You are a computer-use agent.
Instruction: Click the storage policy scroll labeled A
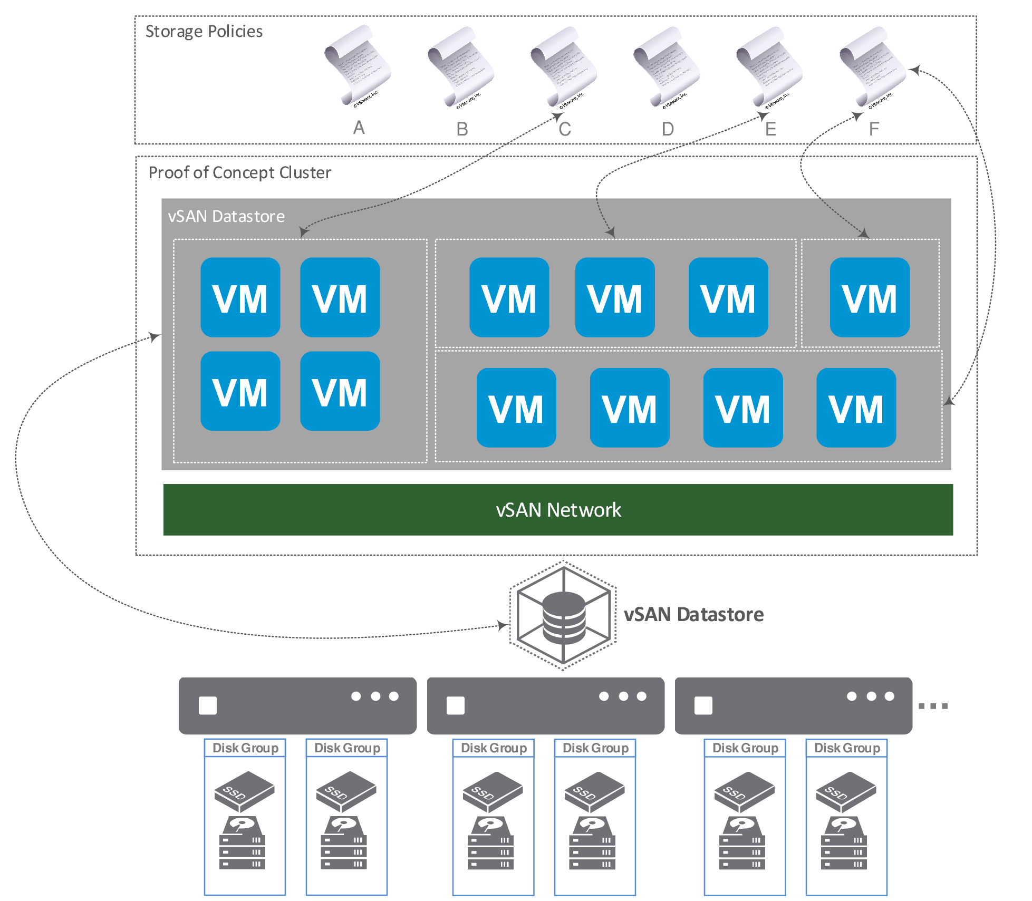[x=357, y=66]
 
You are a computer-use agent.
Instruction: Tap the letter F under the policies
[x=874, y=129]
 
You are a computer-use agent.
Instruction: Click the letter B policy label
[x=462, y=129]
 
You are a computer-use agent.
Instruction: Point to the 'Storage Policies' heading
[x=204, y=32]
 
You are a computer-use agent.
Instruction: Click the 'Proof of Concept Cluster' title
[x=239, y=173]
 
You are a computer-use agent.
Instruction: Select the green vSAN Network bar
[x=557, y=510]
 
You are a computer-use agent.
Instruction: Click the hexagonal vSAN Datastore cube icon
[x=563, y=615]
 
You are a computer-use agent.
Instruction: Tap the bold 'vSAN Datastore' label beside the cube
[x=693, y=615]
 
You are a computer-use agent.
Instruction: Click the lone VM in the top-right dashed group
[x=869, y=297]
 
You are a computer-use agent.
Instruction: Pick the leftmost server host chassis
[x=297, y=705]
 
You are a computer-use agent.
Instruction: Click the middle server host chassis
[x=545, y=705]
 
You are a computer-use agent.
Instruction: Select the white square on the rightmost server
[x=703, y=705]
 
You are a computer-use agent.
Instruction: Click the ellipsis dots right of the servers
[x=933, y=706]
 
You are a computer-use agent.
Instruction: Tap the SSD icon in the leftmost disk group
[x=244, y=791]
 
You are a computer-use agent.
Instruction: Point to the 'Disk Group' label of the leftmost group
[x=245, y=748]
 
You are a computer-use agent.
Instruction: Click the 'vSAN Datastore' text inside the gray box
[x=226, y=217]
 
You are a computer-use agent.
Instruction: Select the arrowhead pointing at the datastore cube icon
[x=503, y=626]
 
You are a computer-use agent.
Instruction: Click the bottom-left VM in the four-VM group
[x=240, y=391]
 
